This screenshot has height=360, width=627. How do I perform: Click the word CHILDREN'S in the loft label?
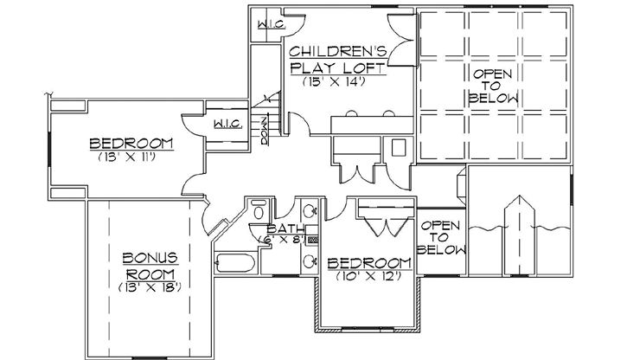click(338, 50)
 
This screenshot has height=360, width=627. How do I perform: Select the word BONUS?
click(149, 257)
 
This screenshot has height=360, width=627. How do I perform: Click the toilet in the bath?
click(259, 209)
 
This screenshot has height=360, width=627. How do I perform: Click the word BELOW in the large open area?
click(494, 100)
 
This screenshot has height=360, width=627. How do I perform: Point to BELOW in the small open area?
click(441, 250)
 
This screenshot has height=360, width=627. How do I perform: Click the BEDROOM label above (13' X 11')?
click(131, 143)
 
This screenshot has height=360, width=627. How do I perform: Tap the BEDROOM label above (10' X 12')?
click(368, 262)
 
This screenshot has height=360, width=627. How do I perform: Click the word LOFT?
click(365, 67)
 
